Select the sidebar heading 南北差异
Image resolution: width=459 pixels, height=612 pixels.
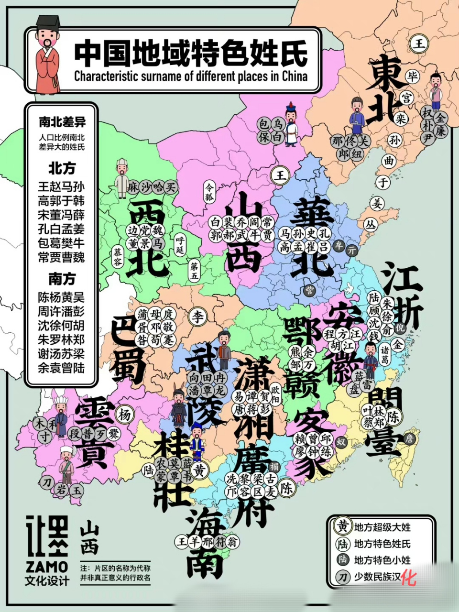62,122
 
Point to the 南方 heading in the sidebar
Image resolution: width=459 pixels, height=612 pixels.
62,279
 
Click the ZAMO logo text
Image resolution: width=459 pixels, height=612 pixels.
47,567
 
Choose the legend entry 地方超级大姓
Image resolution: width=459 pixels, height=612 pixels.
382,527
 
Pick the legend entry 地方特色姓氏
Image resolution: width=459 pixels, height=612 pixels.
382,544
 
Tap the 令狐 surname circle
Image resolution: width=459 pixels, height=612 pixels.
209,191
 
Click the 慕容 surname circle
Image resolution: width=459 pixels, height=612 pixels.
118,257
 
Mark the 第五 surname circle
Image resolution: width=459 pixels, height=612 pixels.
194,271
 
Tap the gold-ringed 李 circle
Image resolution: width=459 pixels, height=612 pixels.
198,317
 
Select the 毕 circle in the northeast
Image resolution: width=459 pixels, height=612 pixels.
412,76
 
